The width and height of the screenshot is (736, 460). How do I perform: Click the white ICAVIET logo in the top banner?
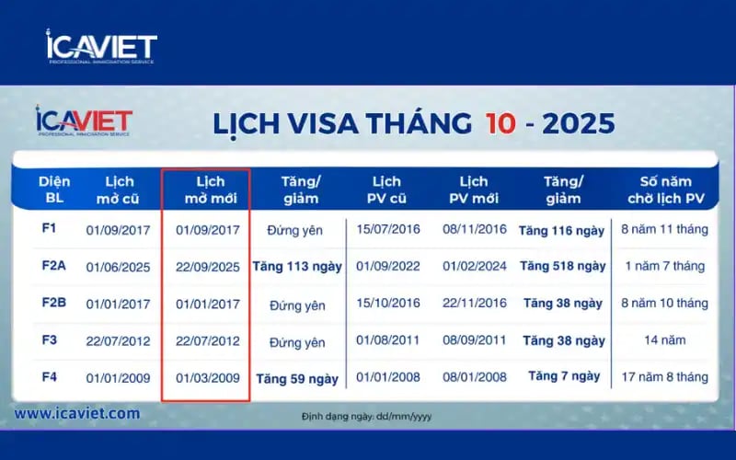click(x=101, y=47)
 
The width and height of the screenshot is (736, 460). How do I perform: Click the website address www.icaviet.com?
click(x=77, y=414)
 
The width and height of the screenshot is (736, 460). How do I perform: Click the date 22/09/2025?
click(x=207, y=267)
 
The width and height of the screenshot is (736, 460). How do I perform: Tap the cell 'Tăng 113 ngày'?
click(x=297, y=267)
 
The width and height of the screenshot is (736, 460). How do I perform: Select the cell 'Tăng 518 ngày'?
click(x=562, y=267)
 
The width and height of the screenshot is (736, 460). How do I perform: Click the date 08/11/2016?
click(x=472, y=230)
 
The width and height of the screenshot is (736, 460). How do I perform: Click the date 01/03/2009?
click(x=207, y=377)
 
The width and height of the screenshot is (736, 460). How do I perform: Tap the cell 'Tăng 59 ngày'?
click(x=297, y=378)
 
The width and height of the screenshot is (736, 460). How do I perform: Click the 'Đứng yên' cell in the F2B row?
click(x=297, y=305)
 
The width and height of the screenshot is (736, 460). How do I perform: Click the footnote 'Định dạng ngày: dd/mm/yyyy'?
click(x=366, y=417)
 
